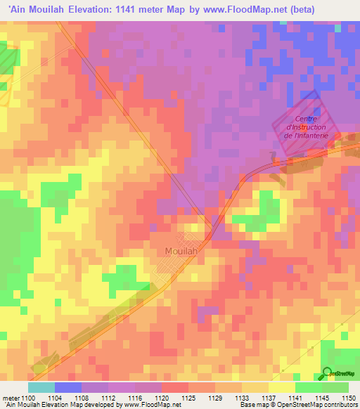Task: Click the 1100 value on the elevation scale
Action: point(30,398)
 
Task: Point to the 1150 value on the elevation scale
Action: point(348,398)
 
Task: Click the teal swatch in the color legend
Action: point(41,387)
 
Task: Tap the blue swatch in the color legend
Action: point(67,387)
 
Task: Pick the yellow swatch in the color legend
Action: point(281,387)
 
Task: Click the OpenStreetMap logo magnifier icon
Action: point(328,374)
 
